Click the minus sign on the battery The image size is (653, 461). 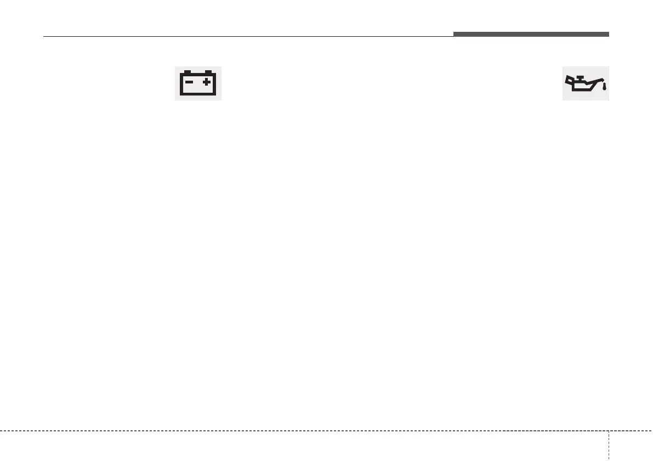tap(189, 82)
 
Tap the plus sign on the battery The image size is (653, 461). tap(207, 82)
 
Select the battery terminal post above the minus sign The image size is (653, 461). tap(188, 72)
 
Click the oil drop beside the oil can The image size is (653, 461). tap(604, 86)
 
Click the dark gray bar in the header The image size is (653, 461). tap(531, 35)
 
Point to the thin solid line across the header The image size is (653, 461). tap(247, 37)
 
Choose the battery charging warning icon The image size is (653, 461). tap(198, 83)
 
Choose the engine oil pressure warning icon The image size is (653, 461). tap(586, 83)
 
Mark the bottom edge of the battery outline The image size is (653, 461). tap(198, 94)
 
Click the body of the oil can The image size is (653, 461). tap(583, 86)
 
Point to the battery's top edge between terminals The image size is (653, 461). tap(197, 75)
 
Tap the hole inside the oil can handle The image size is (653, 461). tap(571, 81)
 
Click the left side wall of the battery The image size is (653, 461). tap(182, 85)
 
